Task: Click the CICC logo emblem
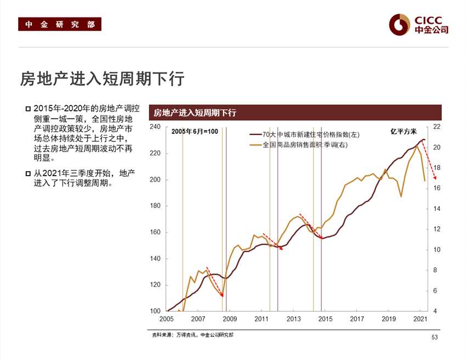coord(400,24)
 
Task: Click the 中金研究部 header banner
coord(60,24)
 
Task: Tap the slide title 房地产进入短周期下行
coord(102,79)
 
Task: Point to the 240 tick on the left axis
coord(155,127)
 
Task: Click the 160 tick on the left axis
coord(155,232)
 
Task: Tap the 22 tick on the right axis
coord(437,127)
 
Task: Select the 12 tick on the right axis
coord(437,229)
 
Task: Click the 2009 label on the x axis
coord(230,319)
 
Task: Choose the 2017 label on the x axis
coord(357,319)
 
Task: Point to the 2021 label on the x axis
coord(420,319)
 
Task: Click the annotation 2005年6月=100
coord(195,132)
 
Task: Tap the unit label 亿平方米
coord(404,132)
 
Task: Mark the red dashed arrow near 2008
coord(214,282)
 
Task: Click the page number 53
coord(435,337)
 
